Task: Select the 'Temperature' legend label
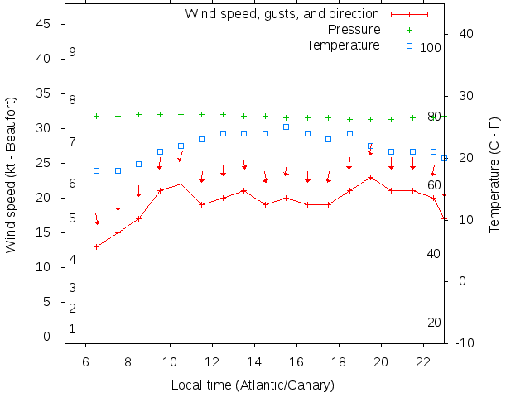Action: pyautogui.click(x=343, y=45)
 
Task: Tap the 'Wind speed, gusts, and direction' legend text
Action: pyautogui.click(x=282, y=14)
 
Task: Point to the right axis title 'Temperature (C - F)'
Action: pyautogui.click(x=494, y=175)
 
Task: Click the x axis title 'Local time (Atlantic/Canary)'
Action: pyautogui.click(x=253, y=385)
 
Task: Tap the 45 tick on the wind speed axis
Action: pyautogui.click(x=46, y=24)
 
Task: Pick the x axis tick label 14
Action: pyautogui.click(x=254, y=361)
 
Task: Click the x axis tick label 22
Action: pyautogui.click(x=423, y=361)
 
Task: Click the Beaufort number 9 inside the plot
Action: pyautogui.click(x=73, y=52)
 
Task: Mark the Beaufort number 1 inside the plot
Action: pyautogui.click(x=73, y=329)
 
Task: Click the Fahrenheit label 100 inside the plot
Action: pyautogui.click(x=431, y=48)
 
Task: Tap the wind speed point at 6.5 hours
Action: pyautogui.click(x=97, y=246)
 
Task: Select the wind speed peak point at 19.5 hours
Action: pyautogui.click(x=371, y=177)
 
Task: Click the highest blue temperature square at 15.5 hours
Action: pyautogui.click(x=286, y=127)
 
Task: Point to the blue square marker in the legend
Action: pyautogui.click(x=409, y=45)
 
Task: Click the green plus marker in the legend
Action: pyautogui.click(x=409, y=30)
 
